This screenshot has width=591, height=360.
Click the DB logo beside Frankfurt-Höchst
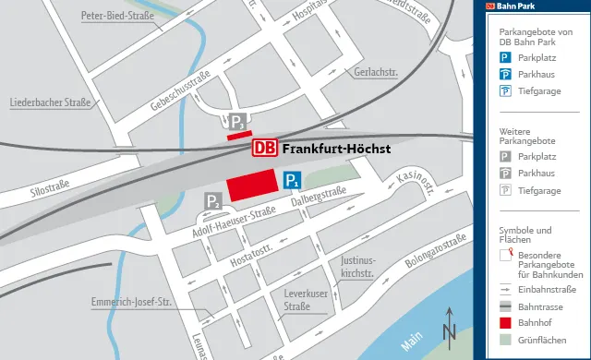pos(264,149)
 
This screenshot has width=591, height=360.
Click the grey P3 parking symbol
pos(238,122)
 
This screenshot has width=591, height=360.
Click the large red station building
pos(253,185)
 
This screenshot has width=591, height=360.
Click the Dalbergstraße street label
pos(319,195)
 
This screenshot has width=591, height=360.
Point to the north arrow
pos(449,328)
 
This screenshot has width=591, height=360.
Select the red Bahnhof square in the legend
pos(505,322)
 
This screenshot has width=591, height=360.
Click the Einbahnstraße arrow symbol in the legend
pos(505,288)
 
